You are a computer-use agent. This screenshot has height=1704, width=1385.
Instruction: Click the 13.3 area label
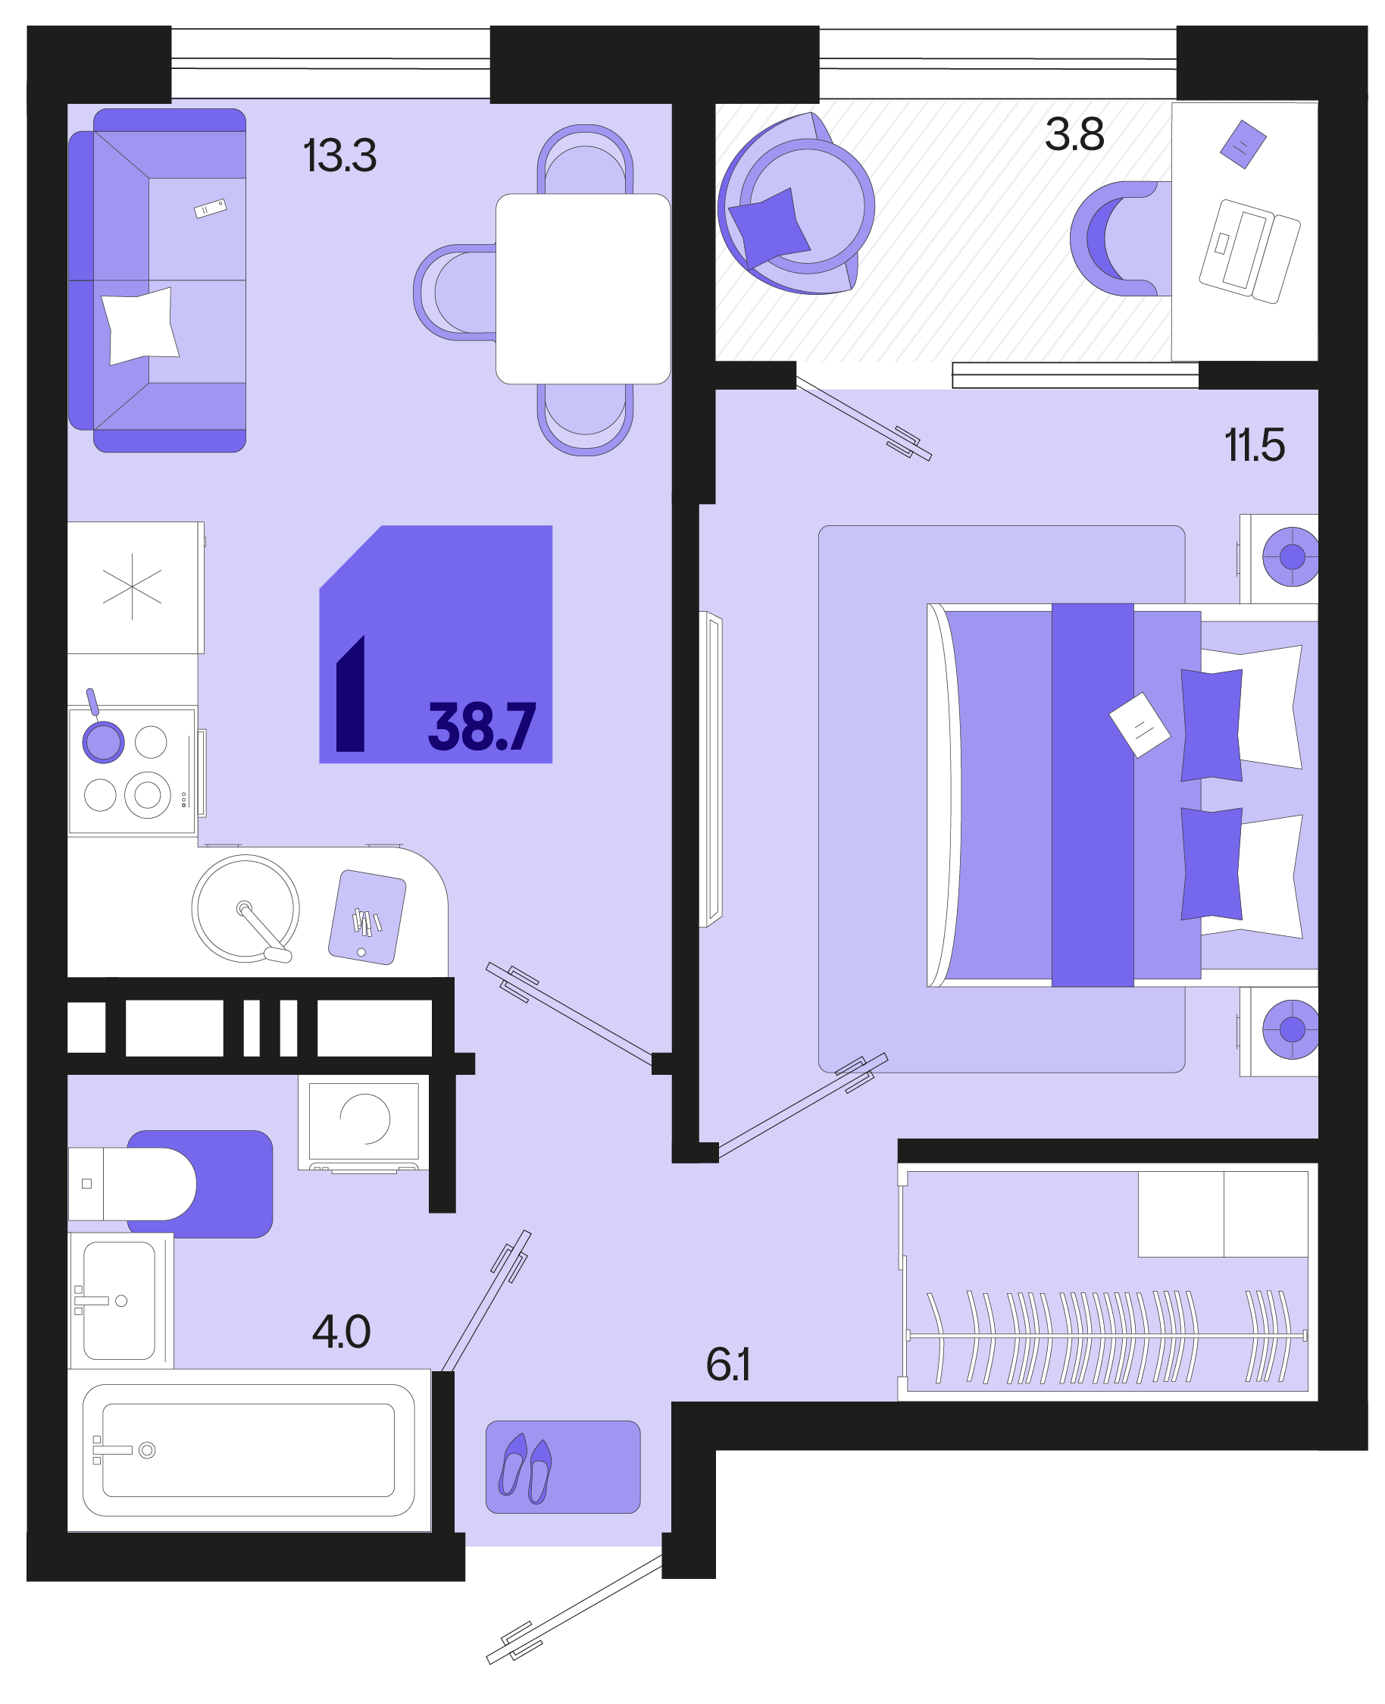(340, 155)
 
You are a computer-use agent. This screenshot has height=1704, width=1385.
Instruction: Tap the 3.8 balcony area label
(1074, 134)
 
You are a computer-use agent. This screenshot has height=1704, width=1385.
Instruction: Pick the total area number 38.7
(482, 727)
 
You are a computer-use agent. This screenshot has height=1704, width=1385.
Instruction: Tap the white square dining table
(583, 288)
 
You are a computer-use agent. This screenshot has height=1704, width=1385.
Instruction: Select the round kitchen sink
(245, 908)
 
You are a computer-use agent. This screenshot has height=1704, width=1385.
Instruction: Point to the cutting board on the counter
(367, 917)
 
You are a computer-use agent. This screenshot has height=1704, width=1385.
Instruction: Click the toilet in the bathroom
(132, 1183)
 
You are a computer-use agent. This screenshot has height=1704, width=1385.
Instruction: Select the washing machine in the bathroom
(364, 1122)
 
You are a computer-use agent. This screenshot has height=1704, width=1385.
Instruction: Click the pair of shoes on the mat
(525, 1468)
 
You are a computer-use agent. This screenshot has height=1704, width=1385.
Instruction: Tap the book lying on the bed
(1140, 725)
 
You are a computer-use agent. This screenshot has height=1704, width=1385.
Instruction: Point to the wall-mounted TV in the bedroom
(711, 769)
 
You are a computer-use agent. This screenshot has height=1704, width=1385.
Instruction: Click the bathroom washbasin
(120, 1301)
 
